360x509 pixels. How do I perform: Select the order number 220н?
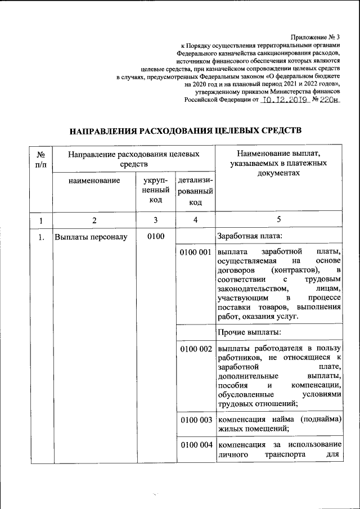click(x=330, y=100)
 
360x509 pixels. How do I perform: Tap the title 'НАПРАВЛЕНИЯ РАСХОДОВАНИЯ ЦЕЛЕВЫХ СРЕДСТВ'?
click(x=186, y=130)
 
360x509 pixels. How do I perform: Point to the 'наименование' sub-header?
click(x=94, y=181)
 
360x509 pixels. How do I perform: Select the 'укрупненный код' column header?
click(x=155, y=190)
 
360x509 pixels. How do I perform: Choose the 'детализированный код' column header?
click(x=195, y=191)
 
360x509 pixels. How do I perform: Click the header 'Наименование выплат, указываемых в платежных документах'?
click(x=278, y=164)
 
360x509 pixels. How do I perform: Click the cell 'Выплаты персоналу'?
click(x=91, y=237)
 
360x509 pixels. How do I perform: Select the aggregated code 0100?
click(x=155, y=236)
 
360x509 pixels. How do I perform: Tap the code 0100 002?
click(x=195, y=349)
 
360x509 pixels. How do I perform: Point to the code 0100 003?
click(x=195, y=420)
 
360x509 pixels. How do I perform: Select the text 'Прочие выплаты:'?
click(x=245, y=333)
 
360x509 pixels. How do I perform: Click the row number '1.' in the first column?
click(x=41, y=237)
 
